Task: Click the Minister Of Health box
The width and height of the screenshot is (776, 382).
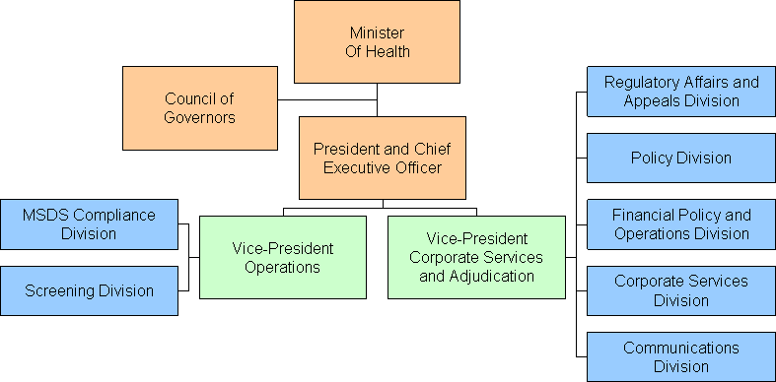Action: pyautogui.click(x=378, y=42)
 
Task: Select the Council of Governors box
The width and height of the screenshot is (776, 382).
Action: pyautogui.click(x=200, y=107)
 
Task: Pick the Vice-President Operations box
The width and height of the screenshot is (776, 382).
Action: pyautogui.click(x=282, y=257)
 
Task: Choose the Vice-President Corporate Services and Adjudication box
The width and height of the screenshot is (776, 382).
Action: pyautogui.click(x=476, y=257)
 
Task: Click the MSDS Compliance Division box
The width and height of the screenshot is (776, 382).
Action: pyautogui.click(x=89, y=223)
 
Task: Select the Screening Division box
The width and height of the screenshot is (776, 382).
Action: pyautogui.click(x=89, y=290)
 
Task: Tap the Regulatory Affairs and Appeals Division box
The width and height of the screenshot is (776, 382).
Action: pyautogui.click(x=681, y=92)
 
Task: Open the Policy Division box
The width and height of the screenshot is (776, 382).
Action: pyautogui.click(x=681, y=158)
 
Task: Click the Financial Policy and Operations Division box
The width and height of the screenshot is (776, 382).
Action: pyautogui.click(x=681, y=224)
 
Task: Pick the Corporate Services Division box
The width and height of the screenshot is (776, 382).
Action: pyautogui.click(x=681, y=290)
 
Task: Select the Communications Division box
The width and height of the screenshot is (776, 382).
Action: pyautogui.click(x=681, y=356)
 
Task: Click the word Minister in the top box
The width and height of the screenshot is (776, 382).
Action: pyautogui.click(x=378, y=33)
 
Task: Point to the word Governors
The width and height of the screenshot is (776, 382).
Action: pyautogui.click(x=200, y=117)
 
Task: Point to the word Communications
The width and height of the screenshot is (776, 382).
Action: pyautogui.click(x=681, y=348)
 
